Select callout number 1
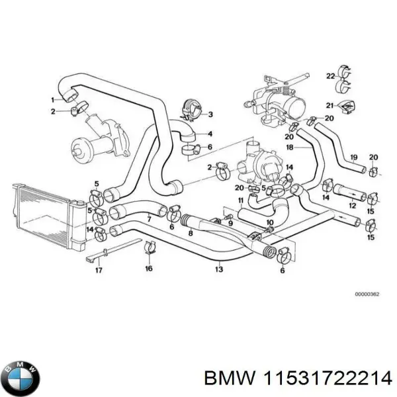pyautogui.click(x=52, y=100)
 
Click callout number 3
pyautogui.click(x=210, y=114)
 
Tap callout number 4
pyautogui.click(x=210, y=134)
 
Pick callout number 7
pyautogui.click(x=149, y=219)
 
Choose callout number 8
pyautogui.click(x=191, y=232)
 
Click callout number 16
pyautogui.click(x=148, y=269)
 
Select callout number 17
pyautogui.click(x=98, y=270)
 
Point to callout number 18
pyautogui.click(x=289, y=147)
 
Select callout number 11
pyautogui.click(x=241, y=200)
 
